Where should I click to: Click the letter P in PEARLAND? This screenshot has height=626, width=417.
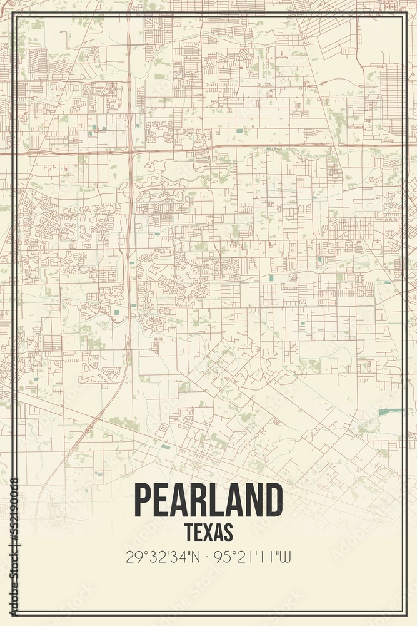144,500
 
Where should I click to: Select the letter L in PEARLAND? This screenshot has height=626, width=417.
218,500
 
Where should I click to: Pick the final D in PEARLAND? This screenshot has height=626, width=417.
273,500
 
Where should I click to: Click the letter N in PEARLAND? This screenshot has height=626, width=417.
254,500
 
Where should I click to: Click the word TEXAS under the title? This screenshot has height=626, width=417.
209,531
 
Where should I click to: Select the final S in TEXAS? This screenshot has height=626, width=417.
228,531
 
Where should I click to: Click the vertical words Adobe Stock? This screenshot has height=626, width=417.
14,576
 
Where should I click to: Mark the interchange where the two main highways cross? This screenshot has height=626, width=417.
129,149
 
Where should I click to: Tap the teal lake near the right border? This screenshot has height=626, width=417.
390,411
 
